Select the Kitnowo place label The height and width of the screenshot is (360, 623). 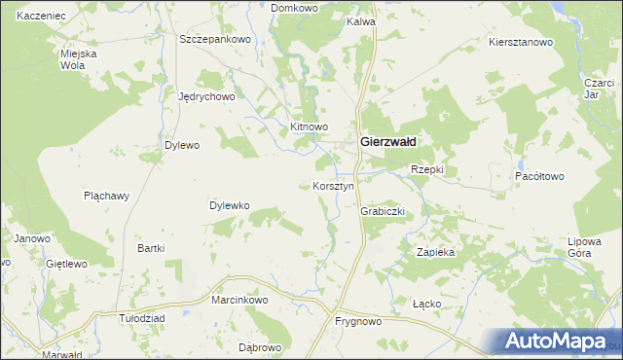coord(310,126)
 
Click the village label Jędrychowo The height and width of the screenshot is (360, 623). coord(207,96)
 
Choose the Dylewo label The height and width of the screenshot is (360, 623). coord(181,145)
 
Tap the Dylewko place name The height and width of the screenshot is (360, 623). coord(231,205)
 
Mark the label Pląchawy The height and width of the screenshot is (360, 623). coord(106,195)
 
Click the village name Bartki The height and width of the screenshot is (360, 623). coord(151,248)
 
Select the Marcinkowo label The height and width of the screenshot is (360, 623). coord(239,300)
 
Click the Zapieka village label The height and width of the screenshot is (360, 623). coord(436,251)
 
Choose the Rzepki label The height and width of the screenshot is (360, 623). coord(426,169)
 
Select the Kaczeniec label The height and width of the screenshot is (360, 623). coord(41,17)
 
